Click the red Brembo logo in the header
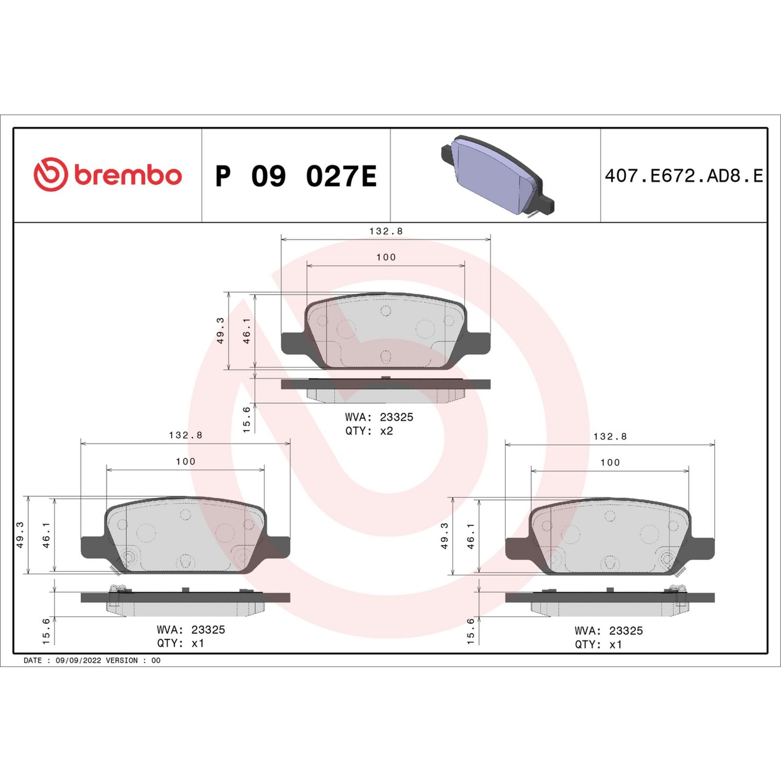click(x=107, y=175)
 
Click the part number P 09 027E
click(x=296, y=176)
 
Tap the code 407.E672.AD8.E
click(x=683, y=176)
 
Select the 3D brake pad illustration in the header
click(x=497, y=176)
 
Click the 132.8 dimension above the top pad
click(x=386, y=231)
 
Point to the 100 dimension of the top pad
click(x=386, y=257)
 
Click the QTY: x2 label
click(x=369, y=431)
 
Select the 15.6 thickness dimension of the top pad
click(x=247, y=419)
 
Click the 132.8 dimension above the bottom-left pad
click(x=185, y=435)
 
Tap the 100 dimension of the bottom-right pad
click(x=610, y=463)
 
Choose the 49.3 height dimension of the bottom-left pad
click(x=20, y=534)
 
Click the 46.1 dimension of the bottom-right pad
click(x=471, y=535)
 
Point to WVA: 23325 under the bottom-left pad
click(x=191, y=630)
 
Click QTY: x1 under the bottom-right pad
click(x=598, y=644)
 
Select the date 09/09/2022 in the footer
click(x=78, y=660)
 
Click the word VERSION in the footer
click(x=122, y=660)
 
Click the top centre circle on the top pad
click(x=386, y=311)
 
